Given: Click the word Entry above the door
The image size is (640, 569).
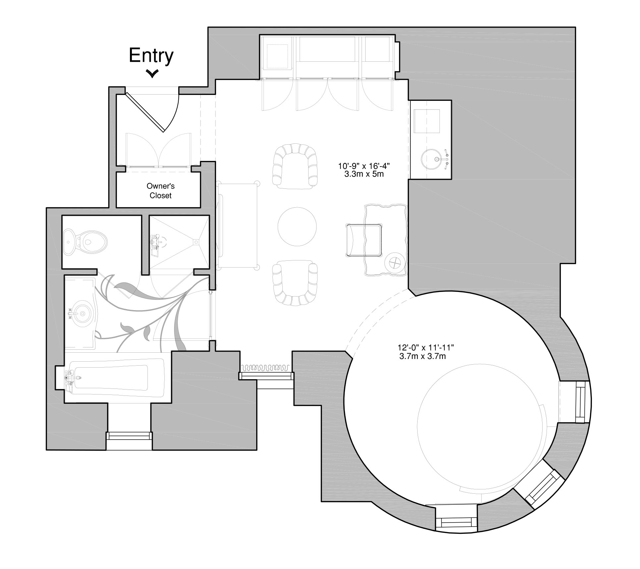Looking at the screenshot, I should (x=151, y=55).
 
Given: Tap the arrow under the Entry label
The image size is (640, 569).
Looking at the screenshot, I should (x=152, y=73).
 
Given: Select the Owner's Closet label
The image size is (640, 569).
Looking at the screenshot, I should (x=160, y=191).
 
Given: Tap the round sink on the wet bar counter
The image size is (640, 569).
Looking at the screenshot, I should (x=431, y=159).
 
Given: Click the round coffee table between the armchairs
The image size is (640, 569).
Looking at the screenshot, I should (x=297, y=227).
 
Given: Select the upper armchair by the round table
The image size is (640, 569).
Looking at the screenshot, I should (x=295, y=166).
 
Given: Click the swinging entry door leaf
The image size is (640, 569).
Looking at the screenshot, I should (x=145, y=112).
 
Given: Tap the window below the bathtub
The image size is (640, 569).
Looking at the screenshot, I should (x=129, y=436).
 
